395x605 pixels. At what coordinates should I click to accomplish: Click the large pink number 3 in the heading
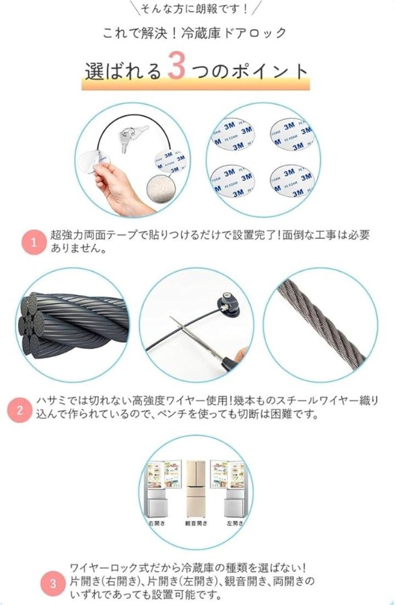[177, 66]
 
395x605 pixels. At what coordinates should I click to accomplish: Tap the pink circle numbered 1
[34, 242]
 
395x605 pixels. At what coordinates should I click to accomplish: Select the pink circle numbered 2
[20, 410]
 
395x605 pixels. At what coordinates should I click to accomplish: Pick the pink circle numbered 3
[53, 583]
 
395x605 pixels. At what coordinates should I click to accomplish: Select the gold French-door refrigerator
[196, 489]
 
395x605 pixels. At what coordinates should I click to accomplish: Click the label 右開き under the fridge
[157, 523]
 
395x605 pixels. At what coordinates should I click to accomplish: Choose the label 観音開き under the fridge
[196, 523]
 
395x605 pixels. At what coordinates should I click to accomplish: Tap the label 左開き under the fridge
[235, 523]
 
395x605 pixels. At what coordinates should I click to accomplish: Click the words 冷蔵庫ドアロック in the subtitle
[234, 33]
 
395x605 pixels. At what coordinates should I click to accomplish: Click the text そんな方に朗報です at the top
[194, 9]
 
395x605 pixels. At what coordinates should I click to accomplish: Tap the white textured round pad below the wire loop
[161, 189]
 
